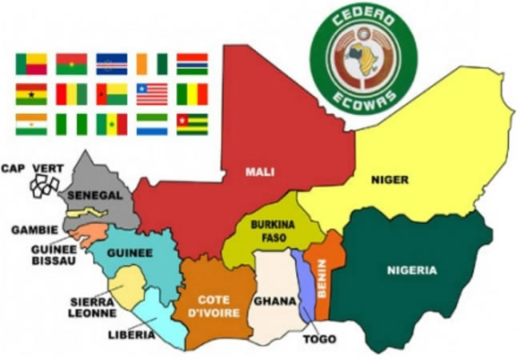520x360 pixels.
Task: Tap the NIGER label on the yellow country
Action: coord(390,180)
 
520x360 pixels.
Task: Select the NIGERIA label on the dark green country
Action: coord(412,270)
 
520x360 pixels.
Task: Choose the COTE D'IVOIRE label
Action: coord(213,305)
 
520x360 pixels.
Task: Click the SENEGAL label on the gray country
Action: coord(94,195)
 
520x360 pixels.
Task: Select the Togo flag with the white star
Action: coord(192,124)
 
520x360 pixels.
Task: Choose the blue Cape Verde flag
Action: coord(111,64)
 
